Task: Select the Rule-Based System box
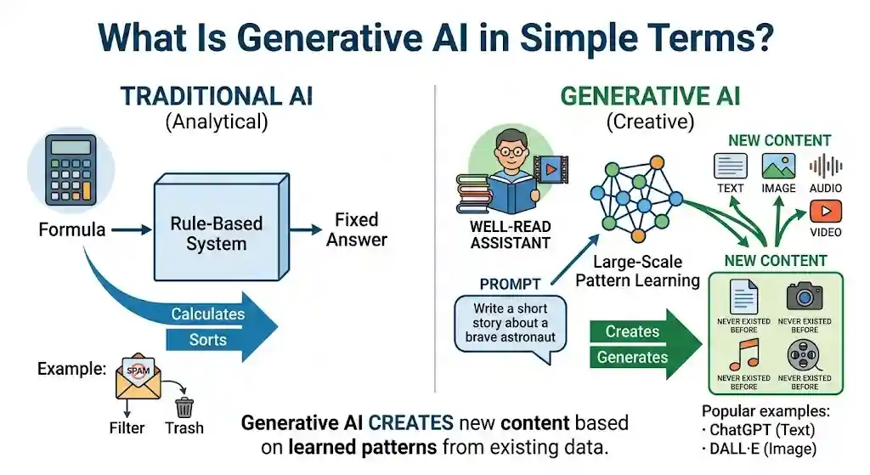(217, 233)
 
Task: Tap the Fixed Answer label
(357, 229)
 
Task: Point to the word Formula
(72, 229)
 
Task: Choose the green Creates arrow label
(632, 331)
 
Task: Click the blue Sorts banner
(208, 340)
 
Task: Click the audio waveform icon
(825, 166)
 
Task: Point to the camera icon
(804, 295)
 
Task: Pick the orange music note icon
(743, 352)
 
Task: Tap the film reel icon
(804, 352)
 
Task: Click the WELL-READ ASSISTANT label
(510, 235)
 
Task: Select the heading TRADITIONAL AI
(217, 95)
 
